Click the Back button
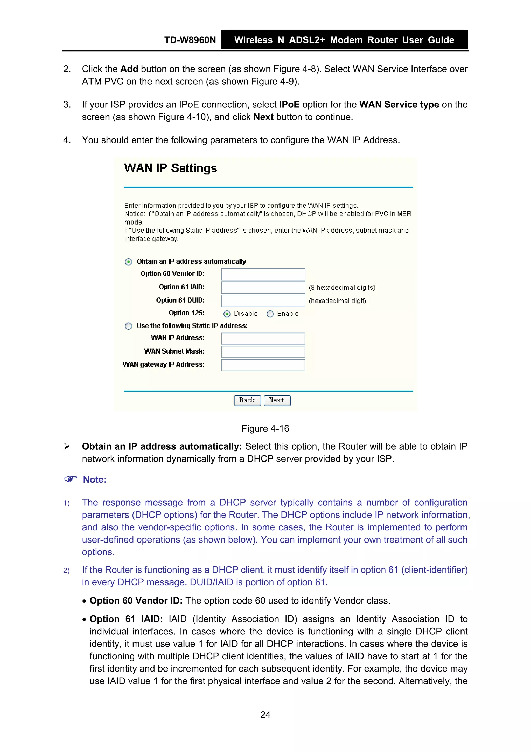(x=247, y=400)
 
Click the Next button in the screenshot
(x=277, y=400)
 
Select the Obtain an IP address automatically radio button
(x=129, y=262)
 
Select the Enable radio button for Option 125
(x=270, y=314)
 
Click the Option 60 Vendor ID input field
(x=263, y=274)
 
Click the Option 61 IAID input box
(x=263, y=288)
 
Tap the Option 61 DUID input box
(x=263, y=301)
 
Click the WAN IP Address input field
(x=263, y=338)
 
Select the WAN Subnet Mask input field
(x=263, y=352)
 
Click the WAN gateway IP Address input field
(x=263, y=365)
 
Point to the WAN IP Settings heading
(x=170, y=168)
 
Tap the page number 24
(x=265, y=715)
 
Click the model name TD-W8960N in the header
(x=190, y=40)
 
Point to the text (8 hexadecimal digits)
(x=342, y=288)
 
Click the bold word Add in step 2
(x=129, y=69)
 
